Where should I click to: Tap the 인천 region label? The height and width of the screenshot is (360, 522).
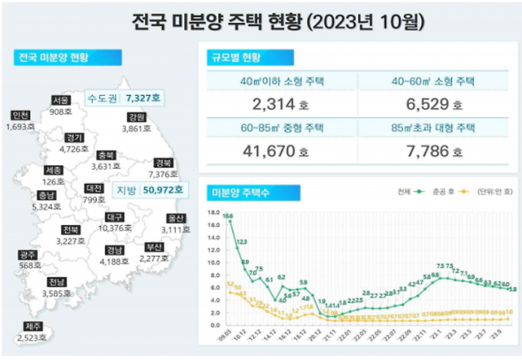point(21,115)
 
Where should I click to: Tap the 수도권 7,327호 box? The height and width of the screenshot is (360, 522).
point(125,98)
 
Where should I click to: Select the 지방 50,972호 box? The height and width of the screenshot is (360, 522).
point(149,190)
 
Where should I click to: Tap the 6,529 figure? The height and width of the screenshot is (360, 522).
point(425,104)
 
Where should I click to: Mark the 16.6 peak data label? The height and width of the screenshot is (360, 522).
point(228,215)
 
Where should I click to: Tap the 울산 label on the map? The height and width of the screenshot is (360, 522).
point(175,218)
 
